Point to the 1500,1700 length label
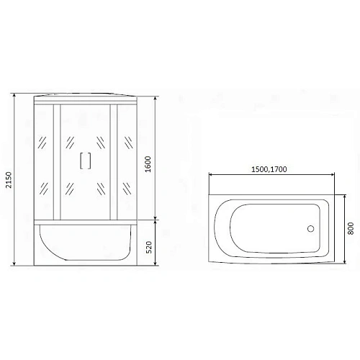[270, 169]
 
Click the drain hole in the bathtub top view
[312, 230]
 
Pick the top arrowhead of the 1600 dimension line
[156, 96]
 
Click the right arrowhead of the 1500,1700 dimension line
[333, 176]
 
